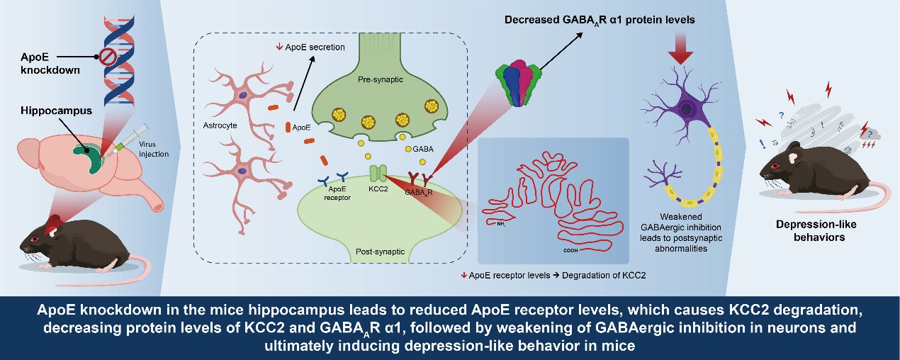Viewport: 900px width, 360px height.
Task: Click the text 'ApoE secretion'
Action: [x=316, y=47]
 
